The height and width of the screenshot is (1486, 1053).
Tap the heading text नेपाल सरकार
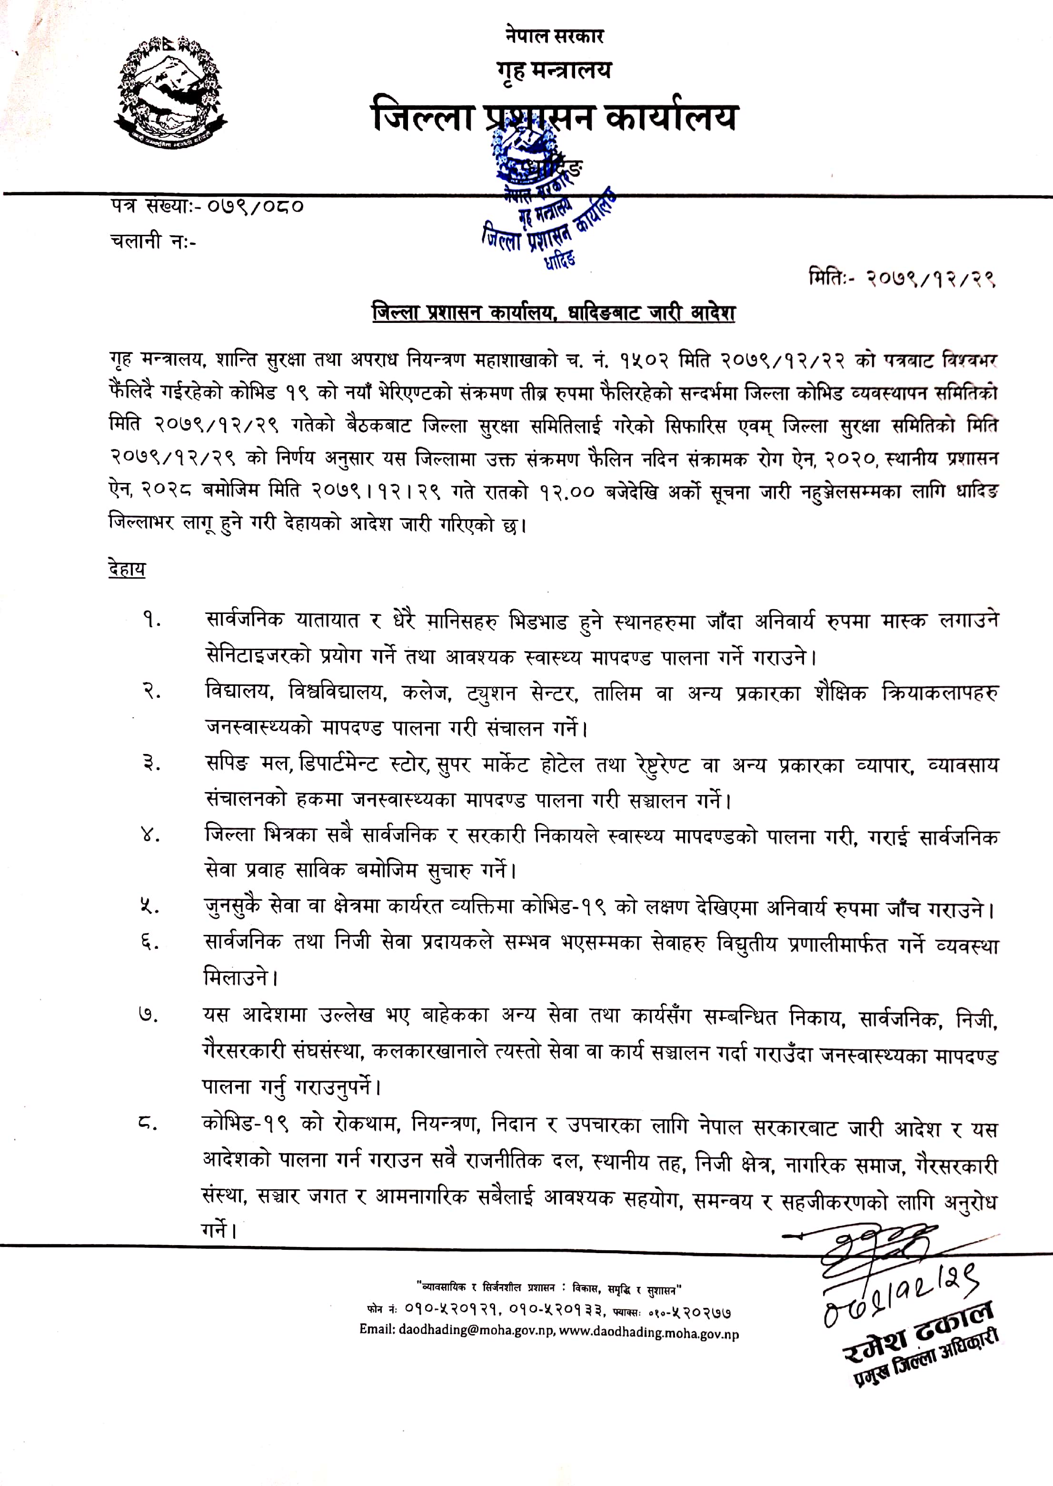click(x=555, y=36)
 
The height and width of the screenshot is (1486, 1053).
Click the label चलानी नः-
click(x=153, y=241)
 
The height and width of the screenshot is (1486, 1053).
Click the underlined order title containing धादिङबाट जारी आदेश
click(x=553, y=313)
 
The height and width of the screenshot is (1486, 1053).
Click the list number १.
click(x=152, y=620)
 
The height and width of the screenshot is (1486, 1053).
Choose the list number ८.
click(x=149, y=1122)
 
